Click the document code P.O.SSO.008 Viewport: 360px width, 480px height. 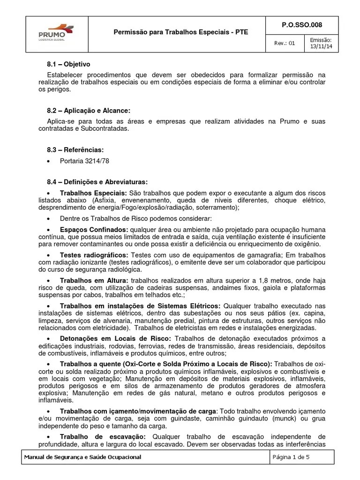coord(300,25)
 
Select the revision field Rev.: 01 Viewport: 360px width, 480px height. coord(285,44)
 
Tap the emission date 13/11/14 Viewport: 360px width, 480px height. coord(321,47)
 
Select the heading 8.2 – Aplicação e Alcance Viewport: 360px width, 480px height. coord(89,111)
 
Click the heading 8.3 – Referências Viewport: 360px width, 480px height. coord(75,150)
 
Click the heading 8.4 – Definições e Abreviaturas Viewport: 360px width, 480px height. coord(98,182)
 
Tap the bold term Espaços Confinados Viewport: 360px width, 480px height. coord(94,230)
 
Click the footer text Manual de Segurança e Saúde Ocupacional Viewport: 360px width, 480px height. coord(82,457)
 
